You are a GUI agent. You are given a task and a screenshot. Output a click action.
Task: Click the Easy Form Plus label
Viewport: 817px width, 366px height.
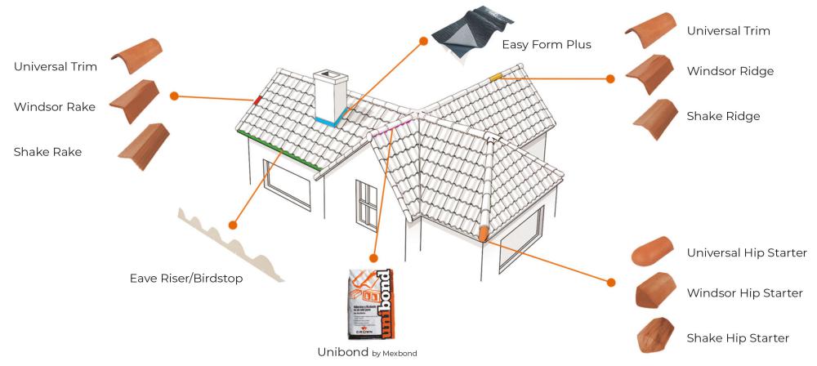click(546, 44)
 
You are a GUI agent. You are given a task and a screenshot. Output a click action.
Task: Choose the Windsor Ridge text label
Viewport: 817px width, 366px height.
click(730, 71)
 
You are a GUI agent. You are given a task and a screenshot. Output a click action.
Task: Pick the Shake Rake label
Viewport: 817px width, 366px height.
click(47, 151)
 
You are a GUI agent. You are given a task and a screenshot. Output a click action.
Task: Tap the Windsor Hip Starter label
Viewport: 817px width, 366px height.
click(744, 292)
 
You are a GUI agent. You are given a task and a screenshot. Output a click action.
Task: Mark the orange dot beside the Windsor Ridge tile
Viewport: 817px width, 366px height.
click(609, 79)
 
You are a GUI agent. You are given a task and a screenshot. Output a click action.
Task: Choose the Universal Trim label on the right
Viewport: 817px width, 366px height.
click(728, 31)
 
